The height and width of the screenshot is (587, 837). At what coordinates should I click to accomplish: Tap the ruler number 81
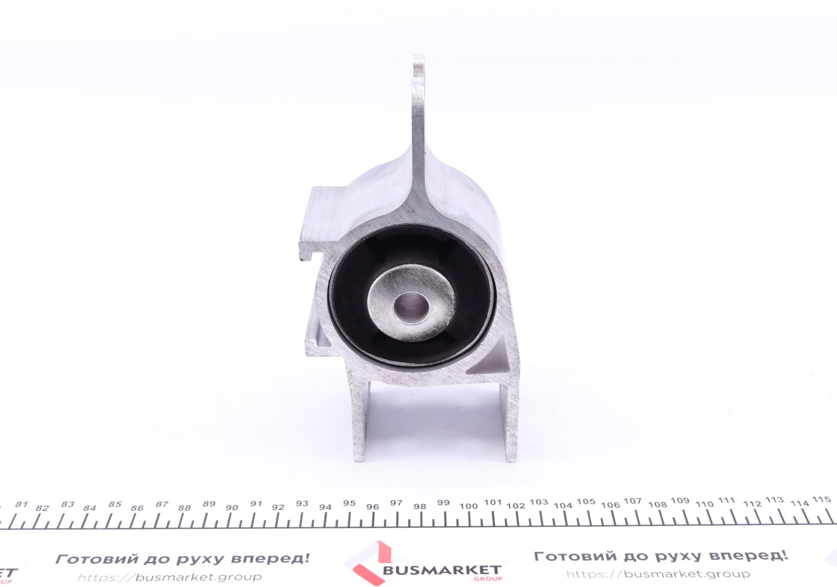(21, 505)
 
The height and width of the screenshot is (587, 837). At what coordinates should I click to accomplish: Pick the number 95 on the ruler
(349, 503)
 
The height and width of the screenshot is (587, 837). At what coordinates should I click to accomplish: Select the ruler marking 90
(231, 508)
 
